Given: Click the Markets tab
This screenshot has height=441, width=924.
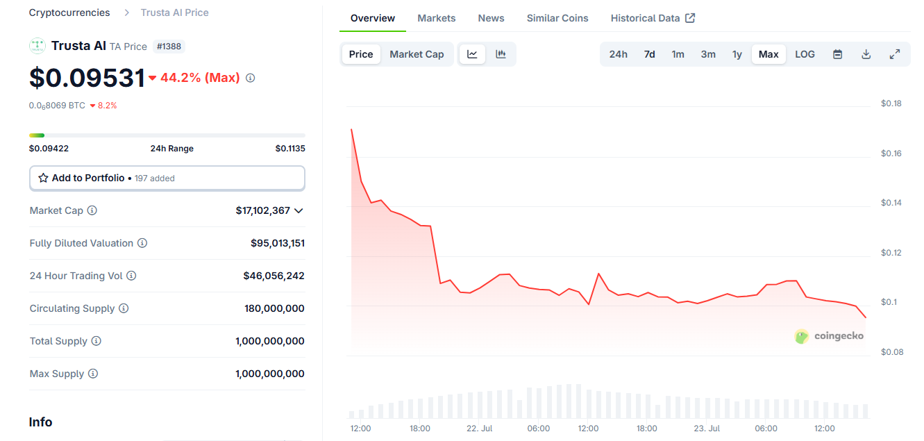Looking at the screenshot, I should click(x=436, y=18).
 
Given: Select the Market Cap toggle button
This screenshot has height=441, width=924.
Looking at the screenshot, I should click(x=417, y=54).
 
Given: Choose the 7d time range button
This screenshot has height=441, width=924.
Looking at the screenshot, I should click(x=649, y=54).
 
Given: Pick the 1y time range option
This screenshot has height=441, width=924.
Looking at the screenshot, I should click(x=737, y=54).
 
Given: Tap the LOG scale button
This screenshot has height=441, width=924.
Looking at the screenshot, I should click(x=805, y=54).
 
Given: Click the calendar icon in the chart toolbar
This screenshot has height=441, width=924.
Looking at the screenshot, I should click(x=837, y=54).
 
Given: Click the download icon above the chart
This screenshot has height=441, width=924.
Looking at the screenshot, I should click(x=866, y=54).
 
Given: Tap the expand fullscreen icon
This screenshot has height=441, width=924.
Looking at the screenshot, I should click(x=894, y=54).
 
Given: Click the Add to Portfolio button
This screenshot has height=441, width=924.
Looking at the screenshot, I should click(x=167, y=178).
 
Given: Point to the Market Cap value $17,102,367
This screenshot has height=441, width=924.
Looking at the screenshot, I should click(x=262, y=210).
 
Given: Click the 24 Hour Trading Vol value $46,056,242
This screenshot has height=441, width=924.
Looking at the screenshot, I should click(x=274, y=276).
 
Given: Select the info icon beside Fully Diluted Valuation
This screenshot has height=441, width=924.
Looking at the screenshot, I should click(x=142, y=243).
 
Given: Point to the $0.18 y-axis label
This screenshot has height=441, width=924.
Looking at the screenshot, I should click(x=891, y=103).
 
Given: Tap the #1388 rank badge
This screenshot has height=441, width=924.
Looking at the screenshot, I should click(x=169, y=47).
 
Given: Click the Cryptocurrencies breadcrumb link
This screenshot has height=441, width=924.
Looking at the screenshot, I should click(x=69, y=13).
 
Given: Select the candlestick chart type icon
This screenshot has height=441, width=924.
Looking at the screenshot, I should click(x=501, y=54).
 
